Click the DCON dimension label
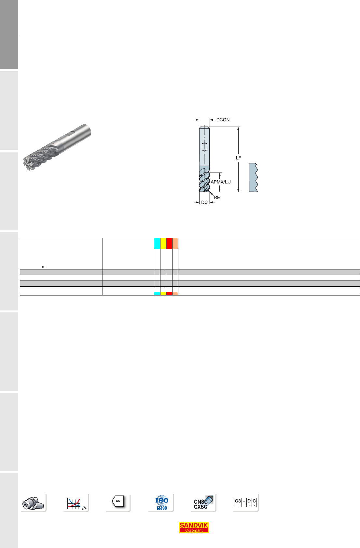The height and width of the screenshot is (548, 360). click(x=223, y=120)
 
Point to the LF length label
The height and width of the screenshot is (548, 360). click(x=238, y=158)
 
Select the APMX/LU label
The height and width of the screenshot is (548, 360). click(x=220, y=182)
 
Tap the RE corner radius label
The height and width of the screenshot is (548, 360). click(x=217, y=198)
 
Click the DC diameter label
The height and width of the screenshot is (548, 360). click(x=204, y=202)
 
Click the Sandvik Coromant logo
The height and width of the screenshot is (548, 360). click(x=194, y=527)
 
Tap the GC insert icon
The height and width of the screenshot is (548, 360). click(x=118, y=501)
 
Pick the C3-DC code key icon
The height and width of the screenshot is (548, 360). click(x=245, y=502)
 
